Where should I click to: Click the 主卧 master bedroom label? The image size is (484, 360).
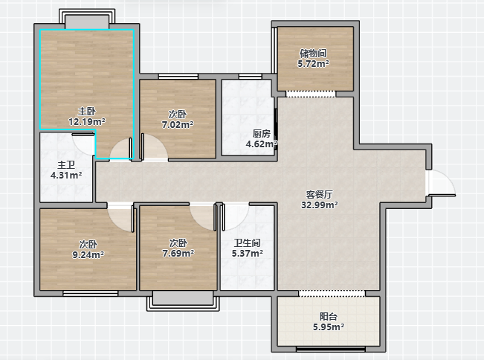point(87,111)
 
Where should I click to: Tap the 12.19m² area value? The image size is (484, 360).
point(87,122)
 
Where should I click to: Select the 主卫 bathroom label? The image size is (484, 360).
point(66,165)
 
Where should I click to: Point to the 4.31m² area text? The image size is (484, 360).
point(66,176)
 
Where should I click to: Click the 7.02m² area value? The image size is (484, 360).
point(178,125)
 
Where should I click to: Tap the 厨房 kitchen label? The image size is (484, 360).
point(262,134)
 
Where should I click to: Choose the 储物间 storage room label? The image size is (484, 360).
point(313,54)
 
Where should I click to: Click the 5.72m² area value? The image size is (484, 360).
point(313,64)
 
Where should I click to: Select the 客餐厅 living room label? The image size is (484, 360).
point(320,195)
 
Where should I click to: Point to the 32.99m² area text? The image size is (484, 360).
point(320,205)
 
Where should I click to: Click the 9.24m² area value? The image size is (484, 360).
point(88,254)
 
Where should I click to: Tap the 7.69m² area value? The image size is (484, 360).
point(178,254)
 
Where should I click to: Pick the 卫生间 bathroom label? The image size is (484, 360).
point(248,243)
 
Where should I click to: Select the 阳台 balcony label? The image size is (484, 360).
point(329,317)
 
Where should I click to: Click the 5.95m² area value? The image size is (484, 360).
point(329,327)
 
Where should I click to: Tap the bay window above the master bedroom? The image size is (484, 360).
point(87,19)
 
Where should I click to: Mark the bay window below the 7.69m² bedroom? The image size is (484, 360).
point(183,301)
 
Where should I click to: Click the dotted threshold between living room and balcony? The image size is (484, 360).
point(332,293)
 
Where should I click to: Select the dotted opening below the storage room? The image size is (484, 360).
point(311,94)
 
